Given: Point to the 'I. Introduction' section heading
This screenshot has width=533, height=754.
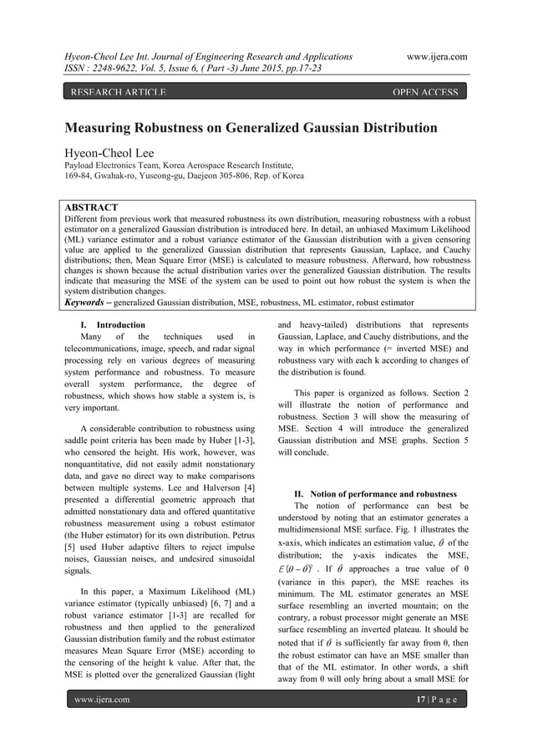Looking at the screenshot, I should (x=121, y=324).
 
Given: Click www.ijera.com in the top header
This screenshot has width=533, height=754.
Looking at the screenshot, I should (x=436, y=56).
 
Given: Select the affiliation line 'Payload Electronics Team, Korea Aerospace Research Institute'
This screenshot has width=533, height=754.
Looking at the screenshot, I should (x=181, y=166).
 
